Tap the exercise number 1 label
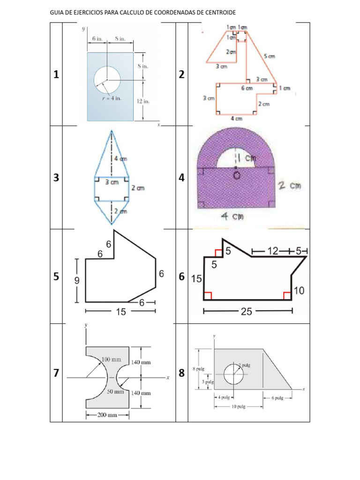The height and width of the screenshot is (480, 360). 56,75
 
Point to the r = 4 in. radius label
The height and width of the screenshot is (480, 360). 112,99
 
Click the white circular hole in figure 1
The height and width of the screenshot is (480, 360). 107,78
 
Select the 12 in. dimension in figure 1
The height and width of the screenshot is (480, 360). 142,101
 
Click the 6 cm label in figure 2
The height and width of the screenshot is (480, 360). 247,88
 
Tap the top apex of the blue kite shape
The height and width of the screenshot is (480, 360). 112,131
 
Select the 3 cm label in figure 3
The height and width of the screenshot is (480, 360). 111,182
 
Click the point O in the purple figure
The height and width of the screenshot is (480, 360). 237,175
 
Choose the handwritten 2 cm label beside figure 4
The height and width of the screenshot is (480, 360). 289,186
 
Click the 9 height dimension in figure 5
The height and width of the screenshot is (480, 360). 76,280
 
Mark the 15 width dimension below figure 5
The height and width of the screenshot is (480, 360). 120,311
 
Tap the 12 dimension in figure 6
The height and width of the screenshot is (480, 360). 272,251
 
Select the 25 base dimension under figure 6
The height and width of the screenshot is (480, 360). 247,311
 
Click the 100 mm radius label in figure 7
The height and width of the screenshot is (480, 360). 112,360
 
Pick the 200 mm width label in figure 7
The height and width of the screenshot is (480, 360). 107,415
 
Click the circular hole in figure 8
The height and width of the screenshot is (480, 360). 233,374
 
